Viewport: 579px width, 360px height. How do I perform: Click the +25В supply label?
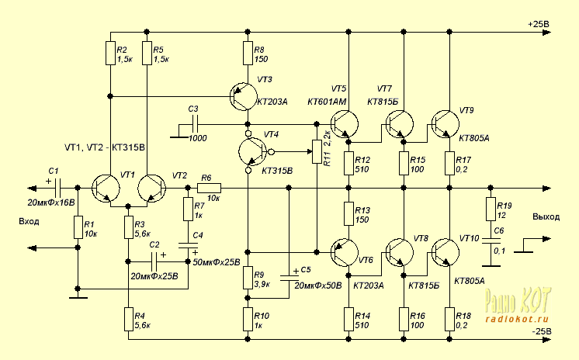pyautogui.click(x=538, y=24)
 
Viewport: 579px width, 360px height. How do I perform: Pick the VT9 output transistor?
pyautogui.click(x=446, y=123)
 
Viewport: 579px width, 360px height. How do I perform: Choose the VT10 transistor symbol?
pyautogui.click(x=446, y=253)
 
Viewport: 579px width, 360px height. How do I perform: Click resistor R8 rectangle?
pyautogui.click(x=247, y=53)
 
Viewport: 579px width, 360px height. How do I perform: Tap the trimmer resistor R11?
pyautogui.click(x=316, y=152)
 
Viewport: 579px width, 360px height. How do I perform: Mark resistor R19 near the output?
pyautogui.click(x=489, y=209)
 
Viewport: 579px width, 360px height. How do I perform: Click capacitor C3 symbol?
pyautogui.click(x=195, y=123)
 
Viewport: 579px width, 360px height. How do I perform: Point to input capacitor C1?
pyautogui.click(x=57, y=188)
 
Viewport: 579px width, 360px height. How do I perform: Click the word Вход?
pyautogui.click(x=29, y=221)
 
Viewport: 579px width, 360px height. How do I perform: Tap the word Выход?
pyautogui.click(x=546, y=218)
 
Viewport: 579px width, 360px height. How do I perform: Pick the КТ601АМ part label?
pyautogui.click(x=327, y=102)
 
